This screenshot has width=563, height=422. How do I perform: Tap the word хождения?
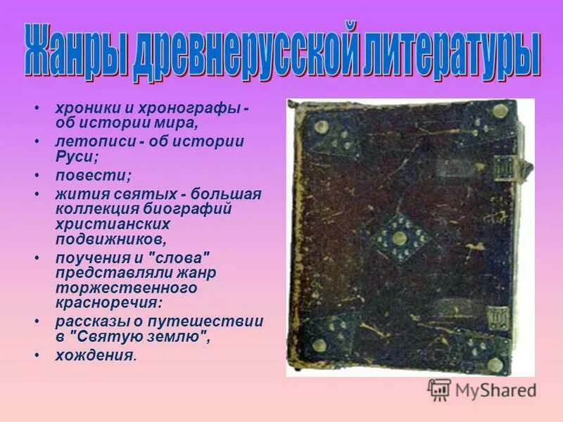94,355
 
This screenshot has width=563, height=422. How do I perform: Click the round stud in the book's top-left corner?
322,127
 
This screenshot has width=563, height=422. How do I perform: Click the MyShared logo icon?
439,389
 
